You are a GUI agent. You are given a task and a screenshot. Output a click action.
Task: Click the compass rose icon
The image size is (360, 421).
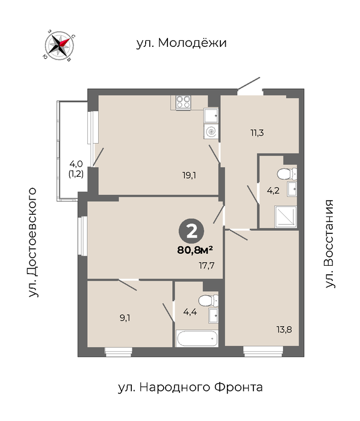point(60,45)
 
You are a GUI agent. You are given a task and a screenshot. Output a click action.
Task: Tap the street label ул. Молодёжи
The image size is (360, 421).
point(182,43)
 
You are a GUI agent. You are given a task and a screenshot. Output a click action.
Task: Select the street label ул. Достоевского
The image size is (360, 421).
point(33,242)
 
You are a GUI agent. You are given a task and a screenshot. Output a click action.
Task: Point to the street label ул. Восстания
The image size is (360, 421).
point(329,244)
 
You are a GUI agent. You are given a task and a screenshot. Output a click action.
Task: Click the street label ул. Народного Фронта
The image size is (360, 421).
point(190,387)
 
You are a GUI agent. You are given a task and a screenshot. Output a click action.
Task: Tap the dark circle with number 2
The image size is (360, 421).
point(191,232)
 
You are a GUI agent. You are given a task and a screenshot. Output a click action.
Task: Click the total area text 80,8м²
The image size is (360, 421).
point(195,250)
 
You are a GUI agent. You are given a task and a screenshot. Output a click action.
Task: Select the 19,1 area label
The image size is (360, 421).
point(190,176)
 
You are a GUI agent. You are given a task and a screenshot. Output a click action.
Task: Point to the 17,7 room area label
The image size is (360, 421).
point(206,266)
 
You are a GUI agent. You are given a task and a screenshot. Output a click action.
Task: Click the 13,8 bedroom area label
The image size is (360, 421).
point(284,330)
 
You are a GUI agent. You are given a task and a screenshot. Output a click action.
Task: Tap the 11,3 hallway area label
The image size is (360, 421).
point(257,133)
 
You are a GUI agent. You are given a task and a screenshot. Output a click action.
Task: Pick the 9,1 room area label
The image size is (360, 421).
point(125,318)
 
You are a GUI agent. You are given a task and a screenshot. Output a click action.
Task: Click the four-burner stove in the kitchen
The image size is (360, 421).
point(183,103)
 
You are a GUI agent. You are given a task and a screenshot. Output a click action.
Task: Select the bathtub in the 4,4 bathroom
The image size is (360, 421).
point(197,338)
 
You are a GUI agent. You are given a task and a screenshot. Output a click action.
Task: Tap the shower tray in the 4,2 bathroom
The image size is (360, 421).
point(285,217)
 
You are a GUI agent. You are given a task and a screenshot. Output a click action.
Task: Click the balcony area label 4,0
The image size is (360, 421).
point(76,163)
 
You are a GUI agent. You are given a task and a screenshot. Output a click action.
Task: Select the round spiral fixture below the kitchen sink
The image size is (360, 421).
point(211,132)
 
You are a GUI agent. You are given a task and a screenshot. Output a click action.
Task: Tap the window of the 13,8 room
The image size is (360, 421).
point(263,351)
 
